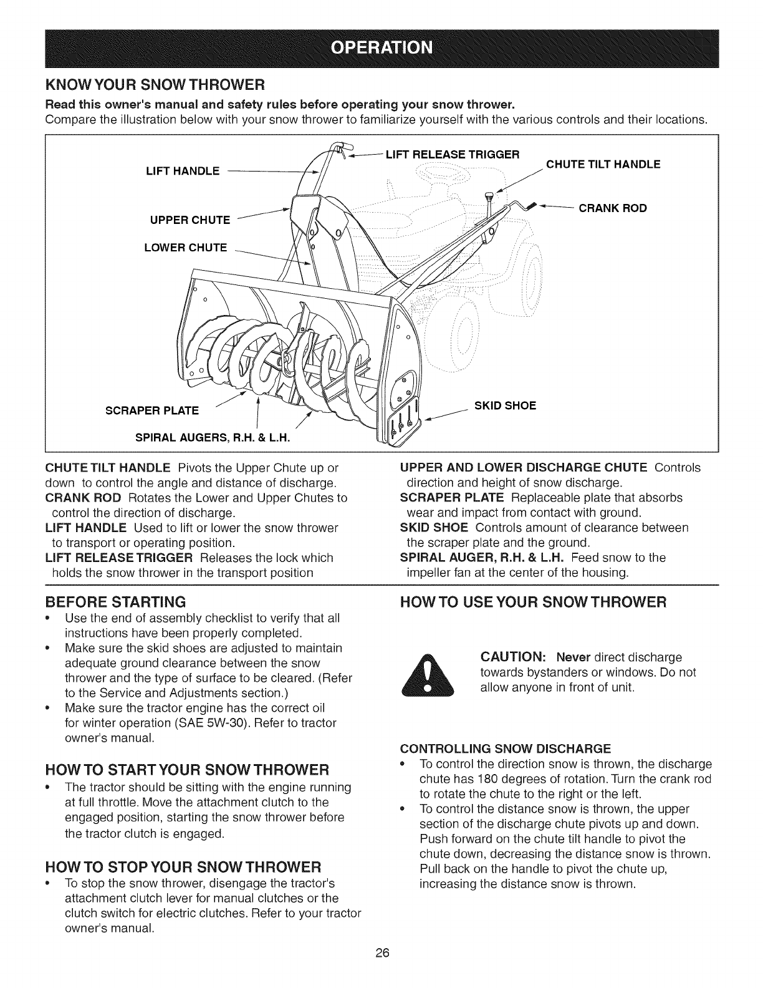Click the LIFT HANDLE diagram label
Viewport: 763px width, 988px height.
181,171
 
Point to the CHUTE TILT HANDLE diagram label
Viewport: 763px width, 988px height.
603,165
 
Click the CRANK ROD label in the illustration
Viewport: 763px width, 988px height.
613,208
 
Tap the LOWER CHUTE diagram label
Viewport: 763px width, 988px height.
185,247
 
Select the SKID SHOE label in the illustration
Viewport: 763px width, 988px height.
505,405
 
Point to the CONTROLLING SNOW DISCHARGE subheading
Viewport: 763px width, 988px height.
506,748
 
